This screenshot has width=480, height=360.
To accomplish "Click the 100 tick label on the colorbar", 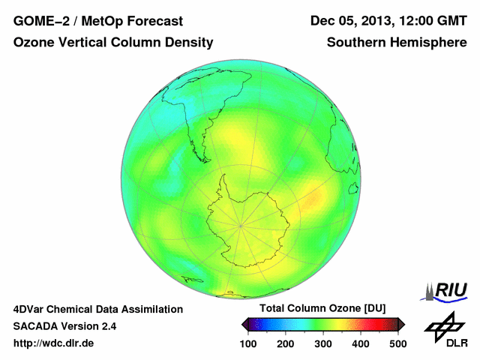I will coord(247,343).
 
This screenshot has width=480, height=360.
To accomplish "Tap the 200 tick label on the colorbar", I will coord(285,343).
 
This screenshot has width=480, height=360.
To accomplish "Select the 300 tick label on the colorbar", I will coord(322,343).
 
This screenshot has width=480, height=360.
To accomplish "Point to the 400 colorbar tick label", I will coord(360,343).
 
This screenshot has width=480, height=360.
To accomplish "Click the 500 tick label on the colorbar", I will coord(397,343).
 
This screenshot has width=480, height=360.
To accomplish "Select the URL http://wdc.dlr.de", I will coord(54,343).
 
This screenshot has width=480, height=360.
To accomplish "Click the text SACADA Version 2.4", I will coord(64,326).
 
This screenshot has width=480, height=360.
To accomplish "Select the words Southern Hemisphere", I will coord(397,43).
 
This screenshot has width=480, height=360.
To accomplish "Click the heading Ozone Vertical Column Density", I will coord(113,43).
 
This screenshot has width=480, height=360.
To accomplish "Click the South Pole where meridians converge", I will coord(240,224).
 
